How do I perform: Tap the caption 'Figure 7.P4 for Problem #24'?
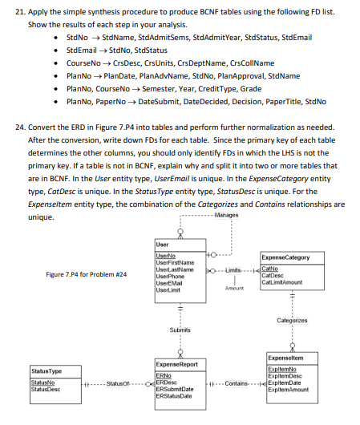[x=87, y=275]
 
